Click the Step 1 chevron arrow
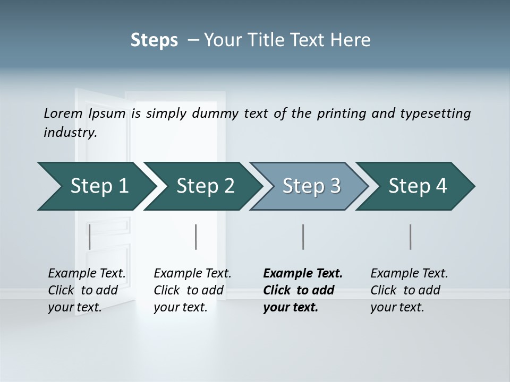point(96,186)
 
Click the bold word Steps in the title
point(154,40)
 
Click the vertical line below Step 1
point(90,237)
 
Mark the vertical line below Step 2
point(196,237)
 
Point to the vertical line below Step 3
point(303,237)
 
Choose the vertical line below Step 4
point(410,237)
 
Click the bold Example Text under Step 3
point(303,274)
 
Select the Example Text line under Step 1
point(87,274)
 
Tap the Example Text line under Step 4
point(409,274)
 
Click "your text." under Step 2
point(181,307)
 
